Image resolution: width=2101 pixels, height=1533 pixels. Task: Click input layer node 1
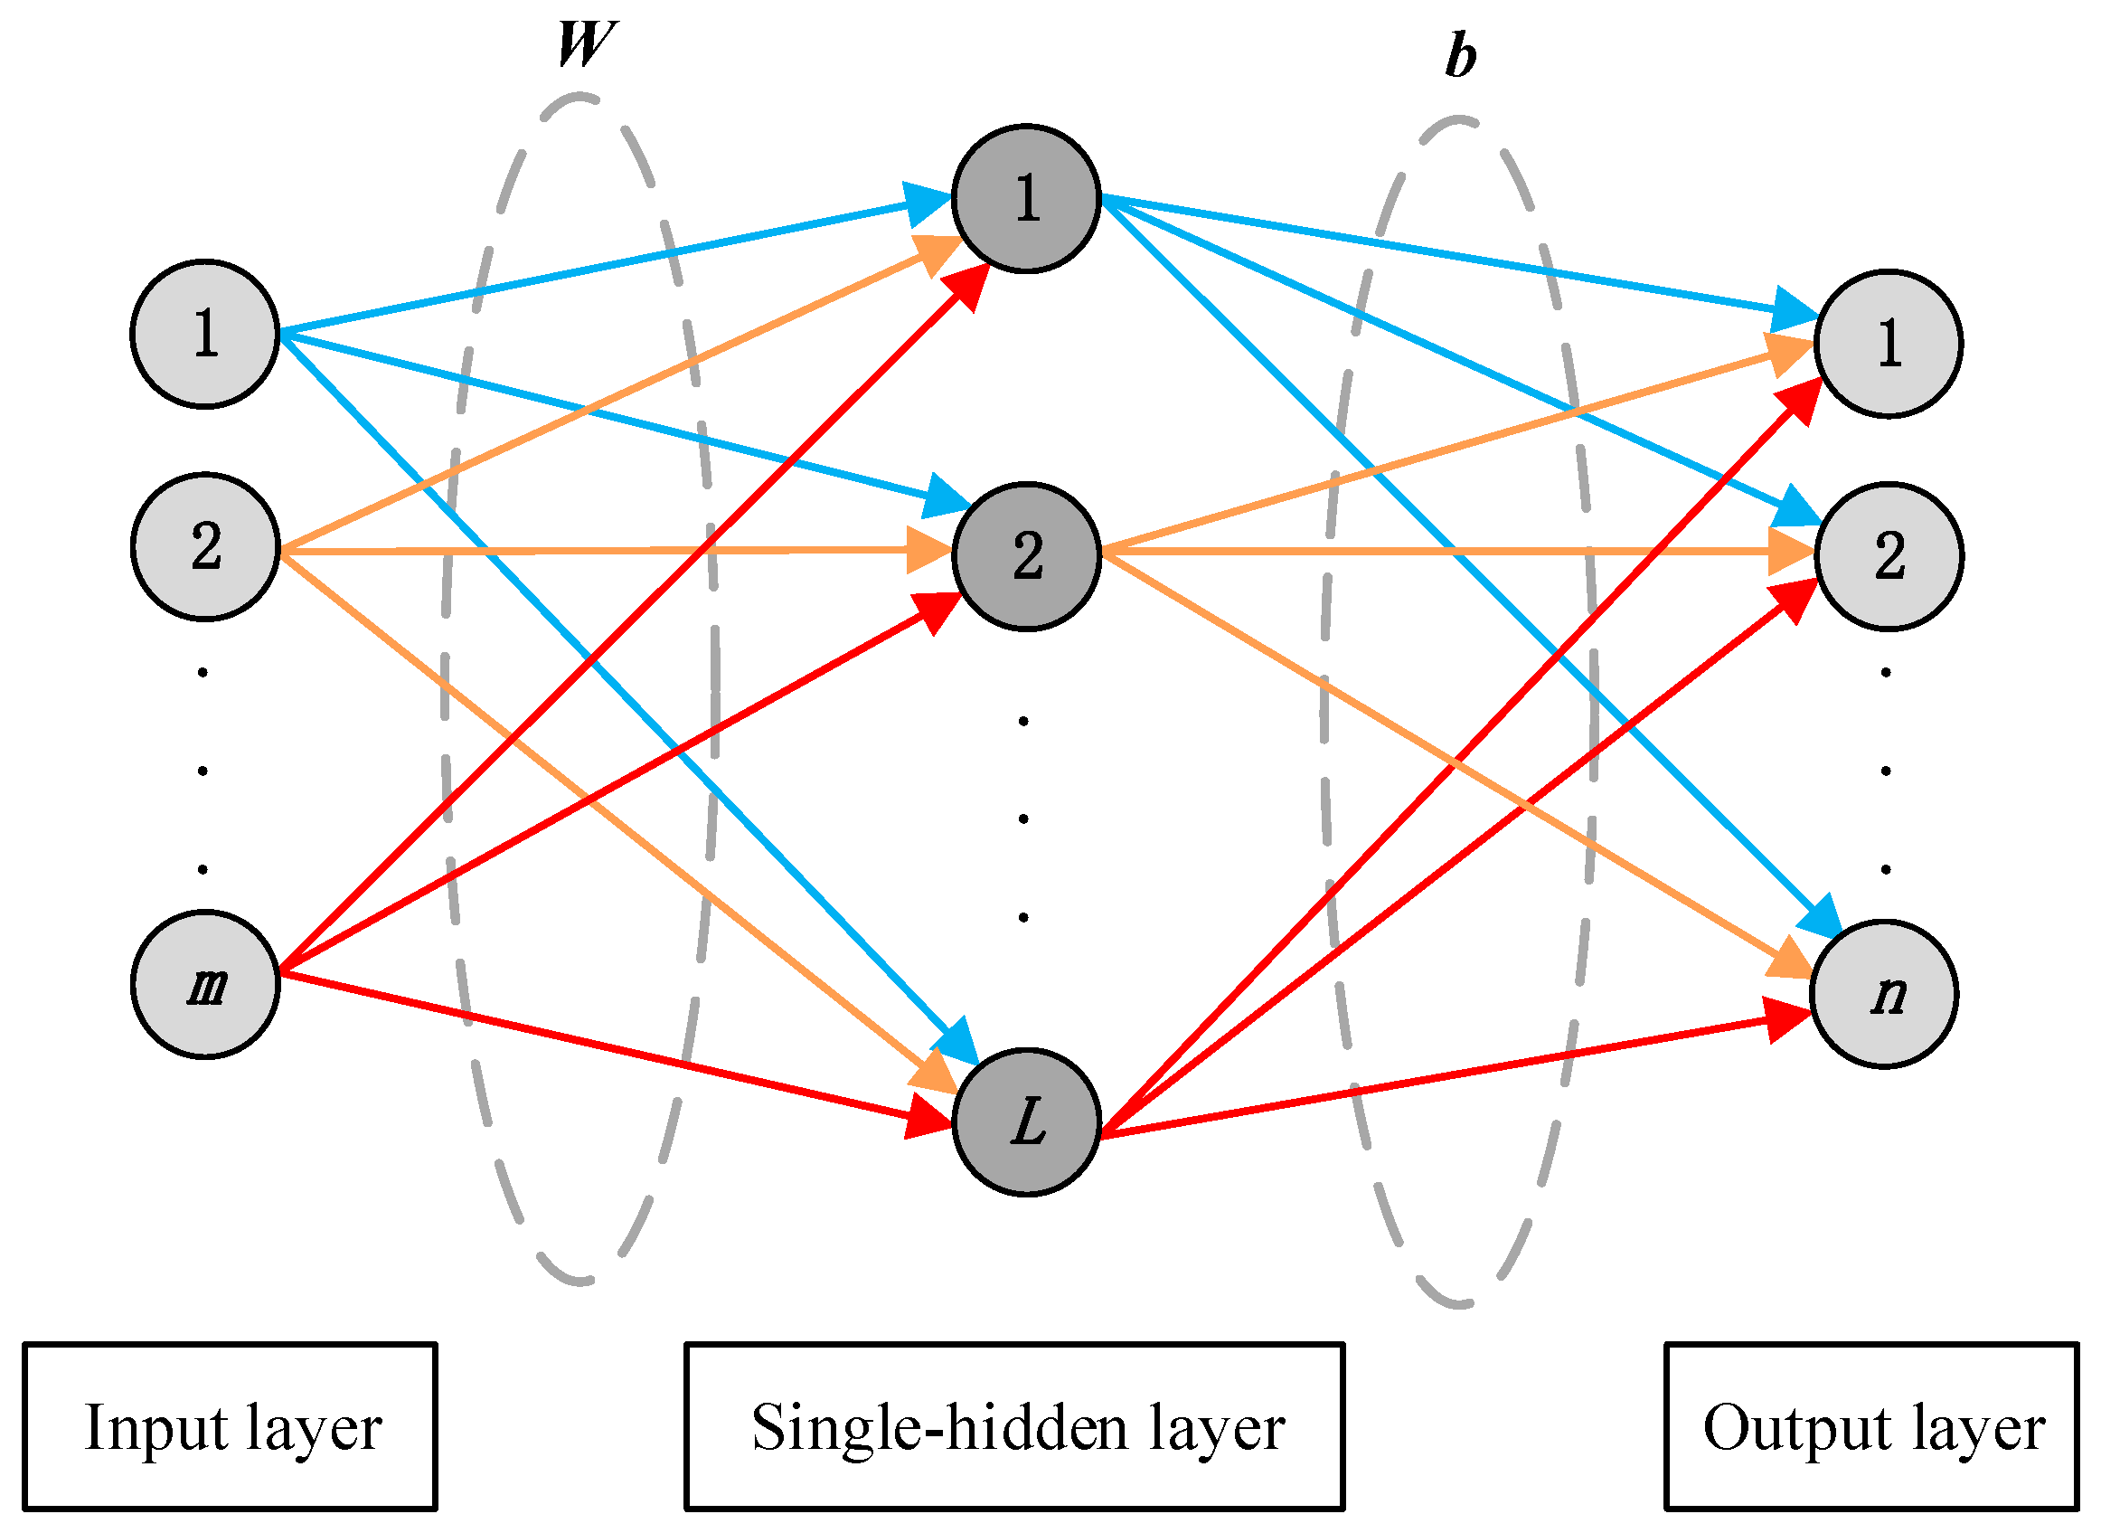(x=205, y=334)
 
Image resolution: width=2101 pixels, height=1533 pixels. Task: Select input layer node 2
(x=205, y=547)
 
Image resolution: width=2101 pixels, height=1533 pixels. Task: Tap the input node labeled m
(x=205, y=985)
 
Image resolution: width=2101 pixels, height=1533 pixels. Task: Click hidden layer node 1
(x=1026, y=199)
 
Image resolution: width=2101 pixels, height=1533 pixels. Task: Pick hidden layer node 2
(x=1026, y=557)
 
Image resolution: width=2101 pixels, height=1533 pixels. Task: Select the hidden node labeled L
(x=1026, y=1122)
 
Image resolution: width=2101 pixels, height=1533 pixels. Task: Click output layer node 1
(x=1888, y=345)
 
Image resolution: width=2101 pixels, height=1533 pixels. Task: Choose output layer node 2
(x=1888, y=557)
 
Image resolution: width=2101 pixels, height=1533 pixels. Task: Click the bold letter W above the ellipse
(x=584, y=44)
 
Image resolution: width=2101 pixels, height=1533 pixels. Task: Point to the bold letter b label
(x=1460, y=56)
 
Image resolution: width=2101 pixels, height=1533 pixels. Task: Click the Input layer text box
(x=229, y=1426)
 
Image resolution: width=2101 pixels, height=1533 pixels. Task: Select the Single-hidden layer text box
(x=1013, y=1426)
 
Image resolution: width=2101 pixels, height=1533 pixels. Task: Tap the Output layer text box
(x=1871, y=1426)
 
